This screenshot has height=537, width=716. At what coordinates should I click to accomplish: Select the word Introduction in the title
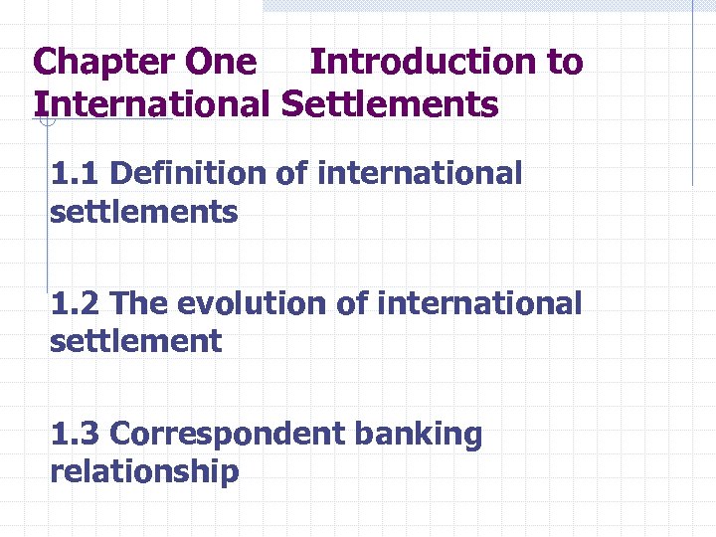[424, 62]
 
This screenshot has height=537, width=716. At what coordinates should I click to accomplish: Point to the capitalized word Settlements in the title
[390, 103]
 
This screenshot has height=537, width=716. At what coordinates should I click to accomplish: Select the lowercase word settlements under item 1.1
[144, 212]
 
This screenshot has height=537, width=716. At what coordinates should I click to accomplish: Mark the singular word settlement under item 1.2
[136, 341]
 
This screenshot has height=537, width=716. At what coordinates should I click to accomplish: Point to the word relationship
[144, 471]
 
